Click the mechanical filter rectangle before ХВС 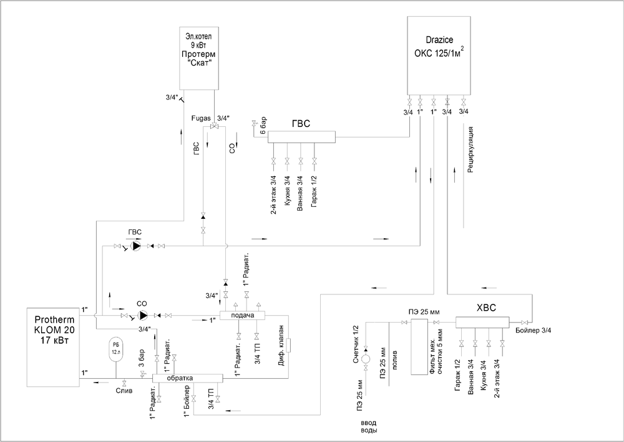(419, 346)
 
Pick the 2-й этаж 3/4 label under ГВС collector (273, 196)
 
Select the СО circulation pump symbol (143, 316)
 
